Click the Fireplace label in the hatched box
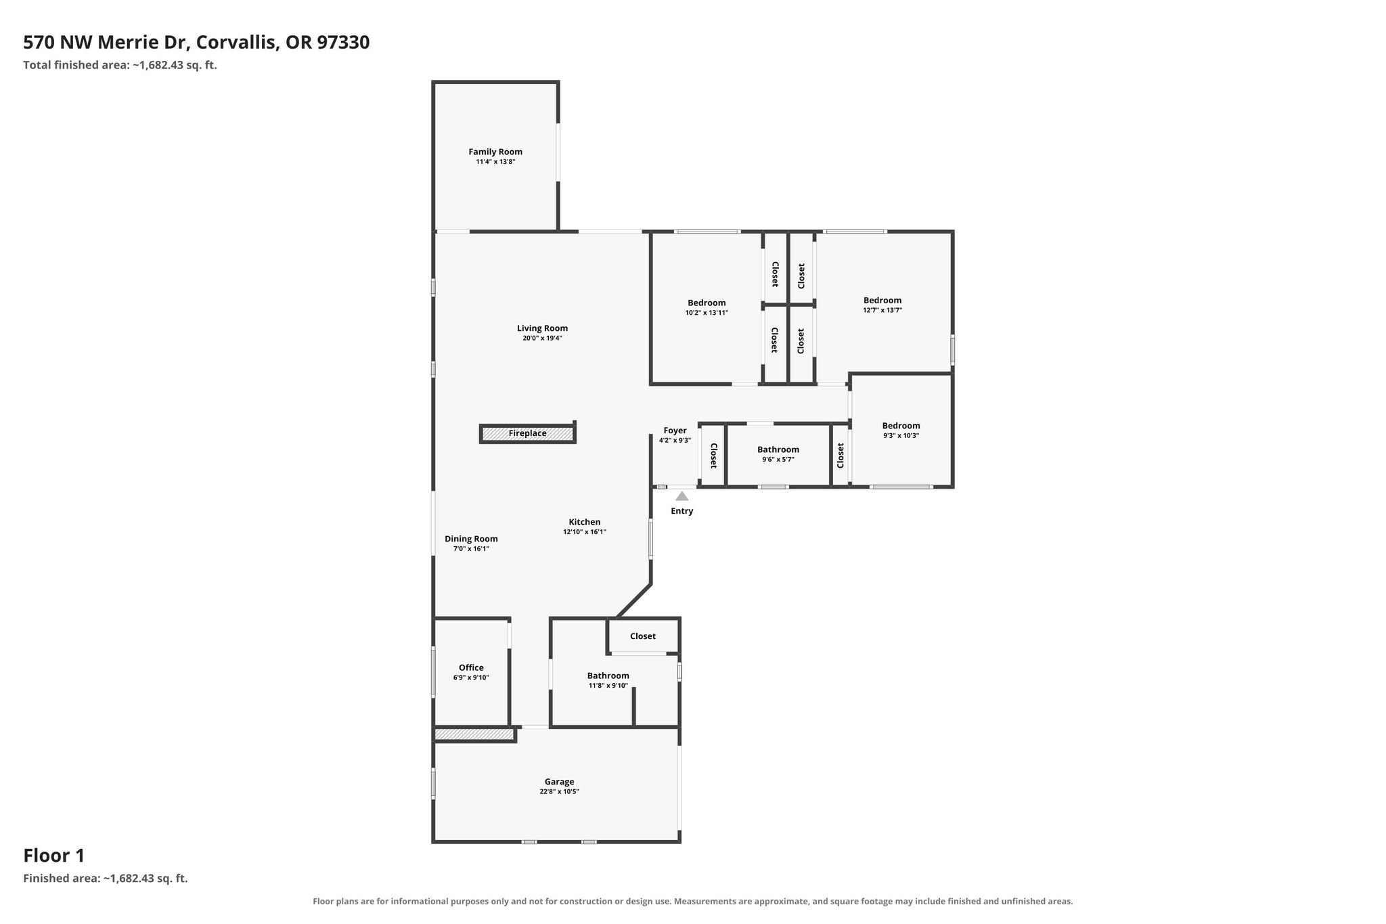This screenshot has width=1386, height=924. [527, 433]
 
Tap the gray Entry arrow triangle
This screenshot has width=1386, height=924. [682, 496]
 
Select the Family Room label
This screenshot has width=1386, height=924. [495, 152]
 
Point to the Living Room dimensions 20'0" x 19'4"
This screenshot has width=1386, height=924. [542, 338]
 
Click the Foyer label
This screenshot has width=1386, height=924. [675, 431]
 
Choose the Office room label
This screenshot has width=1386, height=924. [471, 667]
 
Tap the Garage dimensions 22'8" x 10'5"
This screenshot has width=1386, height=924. [559, 791]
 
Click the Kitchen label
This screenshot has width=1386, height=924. [585, 522]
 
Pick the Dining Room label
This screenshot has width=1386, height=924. [471, 539]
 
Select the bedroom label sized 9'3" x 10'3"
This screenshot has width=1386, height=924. [901, 426]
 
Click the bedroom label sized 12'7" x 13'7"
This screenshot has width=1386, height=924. [882, 301]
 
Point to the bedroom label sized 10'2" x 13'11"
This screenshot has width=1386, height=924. [707, 303]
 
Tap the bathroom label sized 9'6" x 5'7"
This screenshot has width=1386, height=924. [778, 449]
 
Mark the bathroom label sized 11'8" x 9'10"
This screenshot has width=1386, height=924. [608, 676]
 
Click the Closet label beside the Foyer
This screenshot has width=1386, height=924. [713, 456]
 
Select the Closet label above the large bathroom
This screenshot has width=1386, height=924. [643, 636]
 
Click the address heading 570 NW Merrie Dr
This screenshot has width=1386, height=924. [109, 43]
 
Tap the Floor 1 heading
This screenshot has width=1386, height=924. [54, 856]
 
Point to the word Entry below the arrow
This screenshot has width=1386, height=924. [682, 511]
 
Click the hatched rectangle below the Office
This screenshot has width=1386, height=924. [474, 734]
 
